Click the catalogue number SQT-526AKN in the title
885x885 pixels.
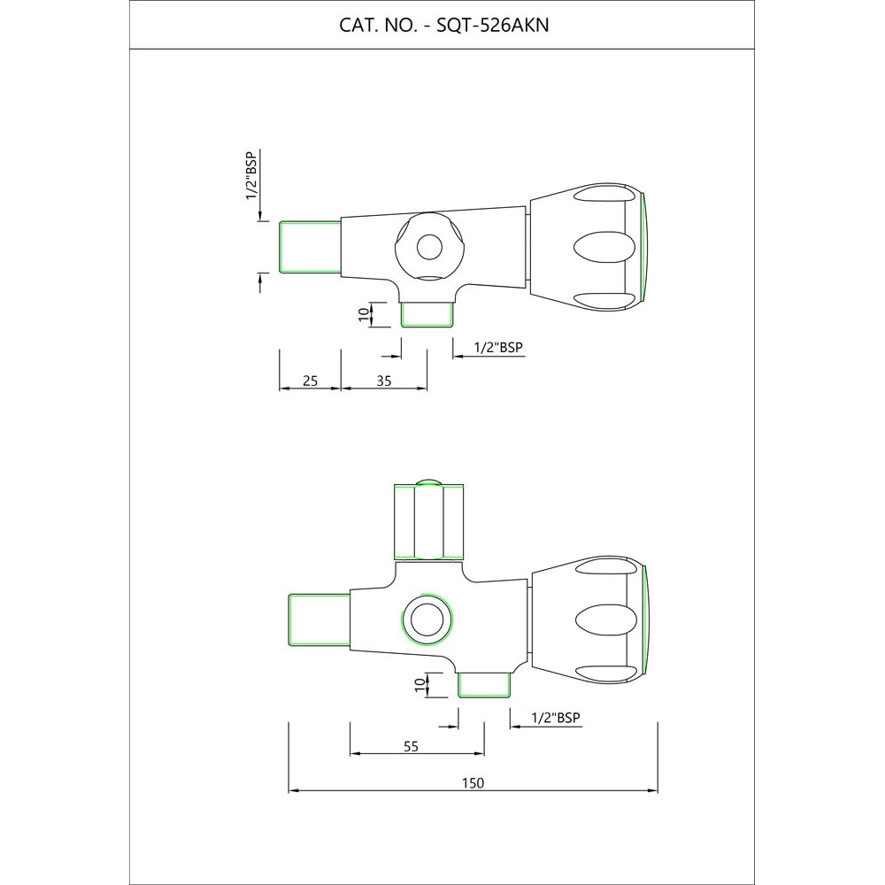[x=492, y=26]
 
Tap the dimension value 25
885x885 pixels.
[x=311, y=381]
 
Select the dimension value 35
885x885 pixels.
[x=384, y=381]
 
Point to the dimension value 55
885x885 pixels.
[x=411, y=746]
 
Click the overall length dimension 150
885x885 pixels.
[x=473, y=783]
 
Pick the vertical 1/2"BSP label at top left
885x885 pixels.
[x=251, y=175]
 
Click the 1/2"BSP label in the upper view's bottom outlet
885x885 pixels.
[x=498, y=347]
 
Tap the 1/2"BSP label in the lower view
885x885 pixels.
[x=556, y=718]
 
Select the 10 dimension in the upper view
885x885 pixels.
[x=364, y=314]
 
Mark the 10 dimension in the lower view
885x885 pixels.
[x=419, y=685]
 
